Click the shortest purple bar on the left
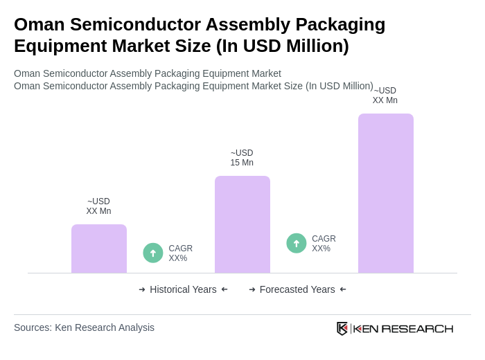tap(99, 249)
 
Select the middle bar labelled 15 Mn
tap(242, 224)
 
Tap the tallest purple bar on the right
tap(386, 193)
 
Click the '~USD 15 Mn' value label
tap(242, 158)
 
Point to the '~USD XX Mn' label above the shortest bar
tap(98, 206)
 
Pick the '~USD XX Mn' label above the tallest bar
tap(385, 96)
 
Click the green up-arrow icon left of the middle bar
tap(153, 253)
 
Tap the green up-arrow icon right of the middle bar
tap(297, 243)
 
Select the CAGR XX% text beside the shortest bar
tap(181, 253)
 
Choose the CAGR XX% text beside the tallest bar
tap(324, 244)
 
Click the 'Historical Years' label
tap(183, 289)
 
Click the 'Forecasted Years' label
tap(297, 289)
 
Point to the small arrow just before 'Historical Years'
tap(142, 289)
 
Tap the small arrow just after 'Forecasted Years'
tap(343, 289)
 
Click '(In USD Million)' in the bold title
tap(282, 46)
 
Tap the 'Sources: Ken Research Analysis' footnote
tap(84, 327)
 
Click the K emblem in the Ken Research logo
tap(342, 328)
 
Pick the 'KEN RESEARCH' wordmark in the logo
tap(403, 328)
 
